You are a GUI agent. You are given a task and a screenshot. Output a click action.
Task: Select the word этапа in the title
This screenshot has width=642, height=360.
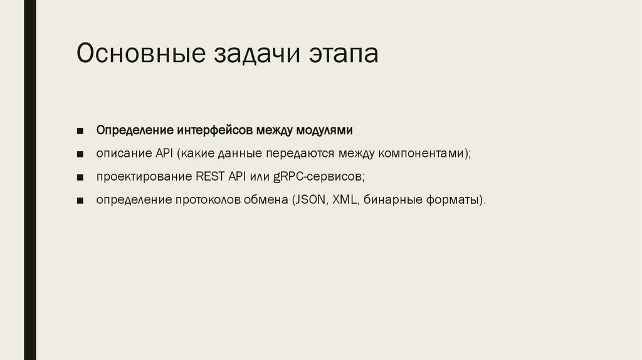pos(344,54)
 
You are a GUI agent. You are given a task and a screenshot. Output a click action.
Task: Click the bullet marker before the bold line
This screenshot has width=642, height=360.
pos(82,132)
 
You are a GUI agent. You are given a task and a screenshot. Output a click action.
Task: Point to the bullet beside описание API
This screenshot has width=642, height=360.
pos(82,154)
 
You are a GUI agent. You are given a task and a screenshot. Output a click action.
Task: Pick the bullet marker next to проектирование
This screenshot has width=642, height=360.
pos(82,177)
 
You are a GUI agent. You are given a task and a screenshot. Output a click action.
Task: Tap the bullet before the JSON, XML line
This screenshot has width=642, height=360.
pos(82,201)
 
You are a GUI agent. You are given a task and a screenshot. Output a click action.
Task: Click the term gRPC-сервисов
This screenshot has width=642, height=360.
pos(318,177)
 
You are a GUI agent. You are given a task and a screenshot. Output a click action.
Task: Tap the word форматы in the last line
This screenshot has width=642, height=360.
pos(453,200)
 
